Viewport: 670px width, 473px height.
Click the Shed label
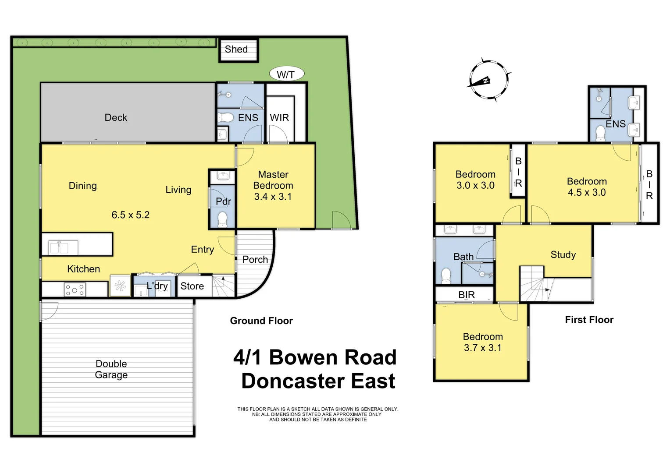(x=236, y=49)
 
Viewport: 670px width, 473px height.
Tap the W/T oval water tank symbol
(x=285, y=74)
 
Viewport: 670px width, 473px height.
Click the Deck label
(x=116, y=117)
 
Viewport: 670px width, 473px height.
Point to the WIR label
(x=279, y=118)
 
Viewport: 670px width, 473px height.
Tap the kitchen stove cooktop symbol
(x=75, y=289)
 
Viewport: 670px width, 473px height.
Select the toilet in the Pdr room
(x=223, y=218)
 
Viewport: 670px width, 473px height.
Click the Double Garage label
(x=111, y=369)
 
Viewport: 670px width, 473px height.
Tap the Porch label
(x=255, y=259)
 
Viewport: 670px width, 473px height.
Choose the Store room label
(x=192, y=286)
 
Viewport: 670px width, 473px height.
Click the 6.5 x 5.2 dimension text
(x=130, y=215)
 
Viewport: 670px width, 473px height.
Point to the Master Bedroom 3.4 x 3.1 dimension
(x=273, y=197)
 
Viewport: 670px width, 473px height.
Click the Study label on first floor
(x=563, y=254)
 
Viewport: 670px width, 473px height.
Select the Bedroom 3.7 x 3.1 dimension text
(x=482, y=348)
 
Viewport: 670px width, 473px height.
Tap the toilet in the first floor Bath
(x=446, y=275)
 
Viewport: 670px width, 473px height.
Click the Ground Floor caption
(x=261, y=321)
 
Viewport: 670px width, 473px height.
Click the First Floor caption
(x=589, y=320)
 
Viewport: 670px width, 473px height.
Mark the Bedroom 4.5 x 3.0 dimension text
(x=587, y=192)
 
